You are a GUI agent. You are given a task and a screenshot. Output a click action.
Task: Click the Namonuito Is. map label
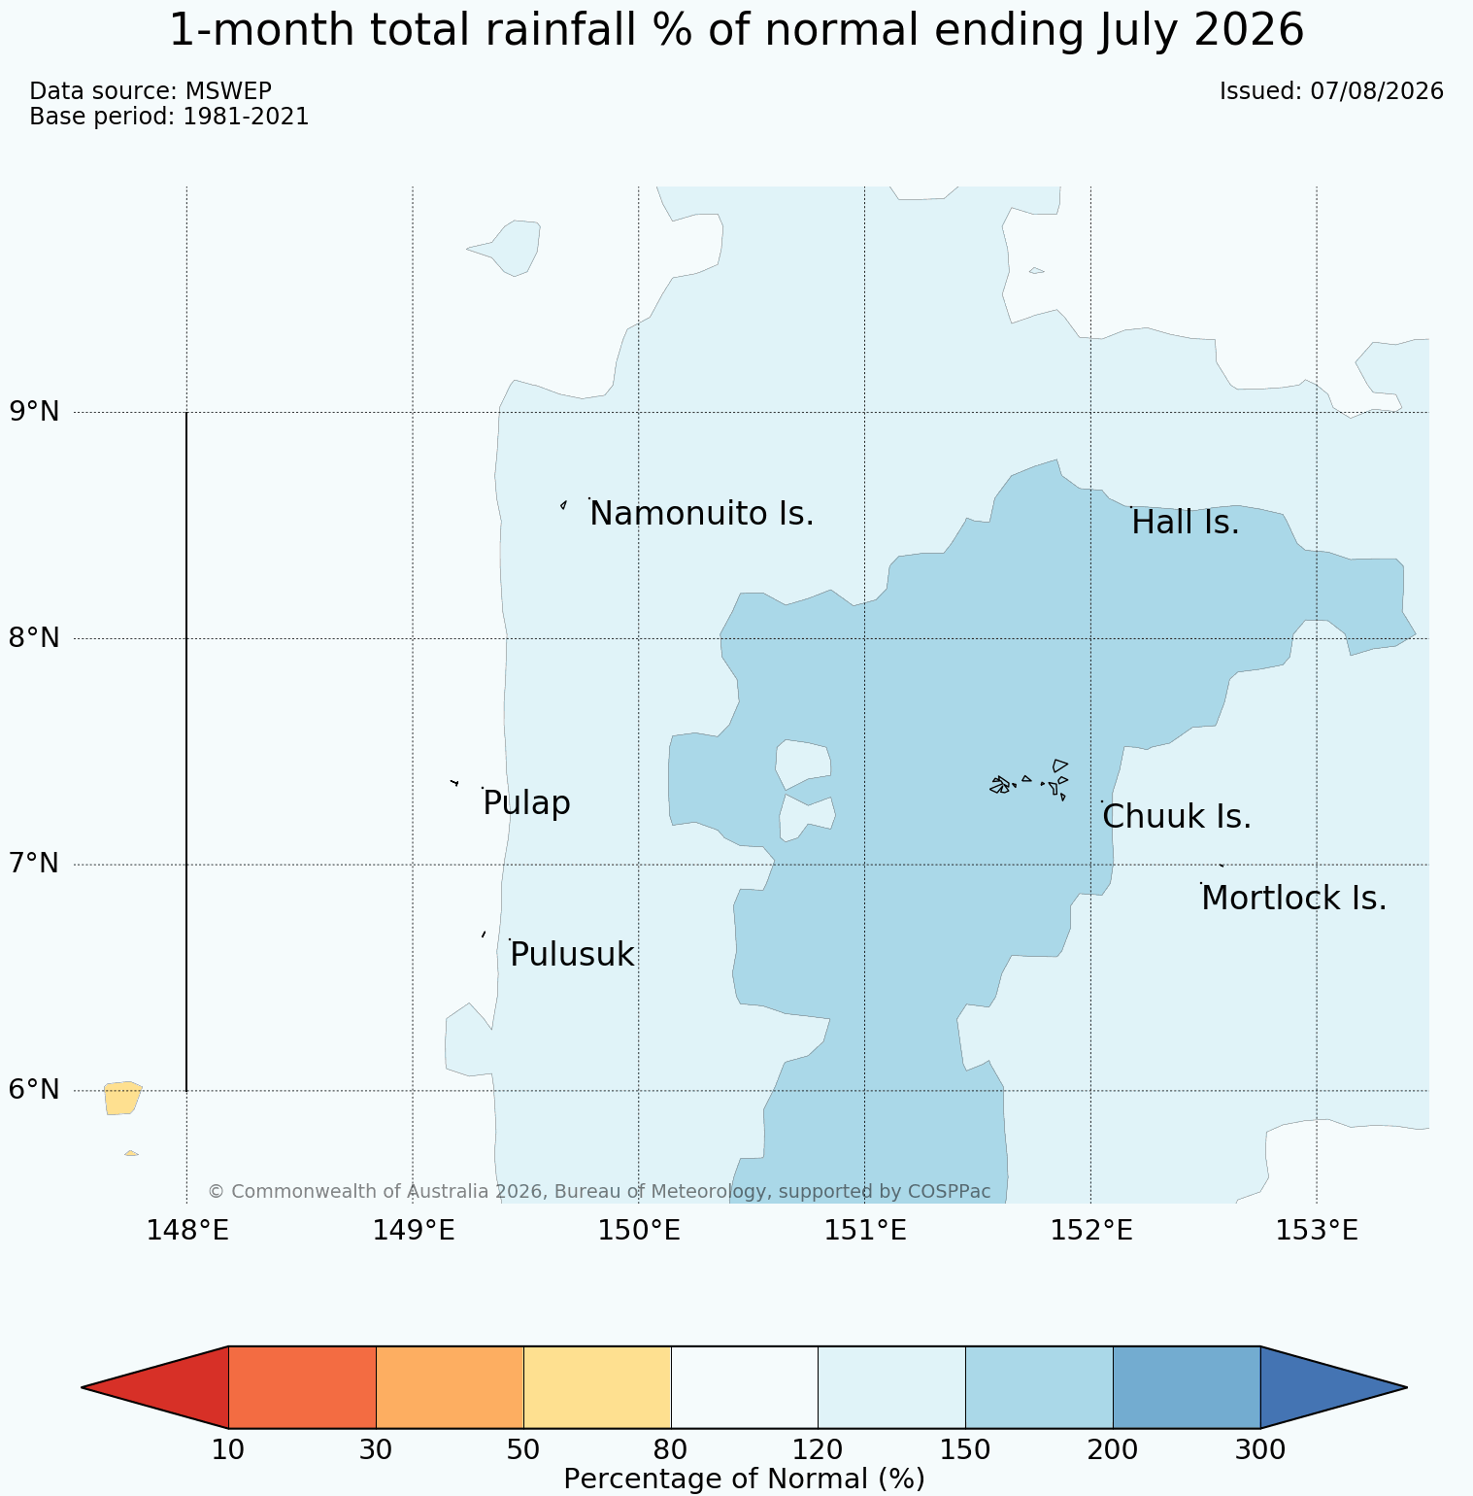(701, 514)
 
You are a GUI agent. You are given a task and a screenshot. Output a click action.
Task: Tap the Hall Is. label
(1186, 523)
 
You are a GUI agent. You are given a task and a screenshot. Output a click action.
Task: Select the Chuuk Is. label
(1177, 817)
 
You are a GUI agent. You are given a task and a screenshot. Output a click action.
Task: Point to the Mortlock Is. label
(1293, 899)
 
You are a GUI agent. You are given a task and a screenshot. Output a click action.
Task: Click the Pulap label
(526, 804)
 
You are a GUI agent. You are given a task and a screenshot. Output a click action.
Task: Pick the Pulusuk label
(572, 955)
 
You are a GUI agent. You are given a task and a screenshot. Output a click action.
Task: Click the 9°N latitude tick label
(35, 412)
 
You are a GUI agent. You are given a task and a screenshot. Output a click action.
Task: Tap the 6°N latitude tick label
(35, 1090)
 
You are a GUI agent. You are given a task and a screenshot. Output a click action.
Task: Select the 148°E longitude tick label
(187, 1231)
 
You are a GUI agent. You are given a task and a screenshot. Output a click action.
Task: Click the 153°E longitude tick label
(1316, 1231)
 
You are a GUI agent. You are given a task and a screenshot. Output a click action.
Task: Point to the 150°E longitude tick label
(638, 1231)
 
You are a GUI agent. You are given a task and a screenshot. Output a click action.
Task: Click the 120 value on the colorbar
(818, 1450)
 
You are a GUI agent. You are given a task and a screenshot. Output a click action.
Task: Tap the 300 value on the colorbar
(1259, 1450)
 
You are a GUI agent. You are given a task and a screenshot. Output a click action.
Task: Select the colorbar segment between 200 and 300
(1186, 1387)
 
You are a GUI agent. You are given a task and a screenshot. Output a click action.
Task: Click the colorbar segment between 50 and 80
(597, 1387)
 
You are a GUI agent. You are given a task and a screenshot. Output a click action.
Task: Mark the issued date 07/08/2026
(1377, 91)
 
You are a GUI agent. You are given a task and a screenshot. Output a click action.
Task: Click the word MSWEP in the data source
(228, 91)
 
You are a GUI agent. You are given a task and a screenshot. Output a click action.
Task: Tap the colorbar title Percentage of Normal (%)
(744, 1479)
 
